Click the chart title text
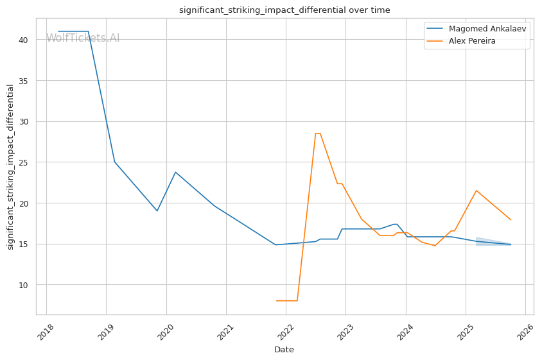[x=284, y=10]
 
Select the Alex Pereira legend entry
[x=471, y=41]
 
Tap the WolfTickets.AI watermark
[x=83, y=39]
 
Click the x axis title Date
[x=284, y=350]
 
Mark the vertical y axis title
[x=11, y=167]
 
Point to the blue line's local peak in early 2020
[x=175, y=172]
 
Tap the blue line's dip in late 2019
[x=157, y=210]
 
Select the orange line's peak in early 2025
[x=476, y=191]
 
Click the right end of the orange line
[x=511, y=219]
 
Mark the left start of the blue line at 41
[x=58, y=31]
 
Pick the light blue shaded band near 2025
[x=488, y=242]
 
